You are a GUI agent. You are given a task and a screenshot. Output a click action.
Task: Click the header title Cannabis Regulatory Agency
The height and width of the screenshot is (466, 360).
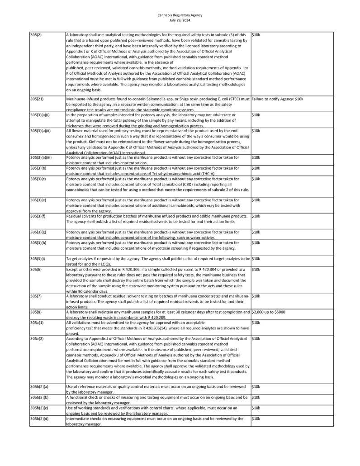180,15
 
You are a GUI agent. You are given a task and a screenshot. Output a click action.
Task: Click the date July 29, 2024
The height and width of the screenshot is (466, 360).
180,20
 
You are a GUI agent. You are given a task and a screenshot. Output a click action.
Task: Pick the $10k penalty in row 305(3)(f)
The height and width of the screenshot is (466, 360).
256,216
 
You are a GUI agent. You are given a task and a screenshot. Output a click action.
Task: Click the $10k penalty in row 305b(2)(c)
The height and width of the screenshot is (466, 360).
256,408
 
